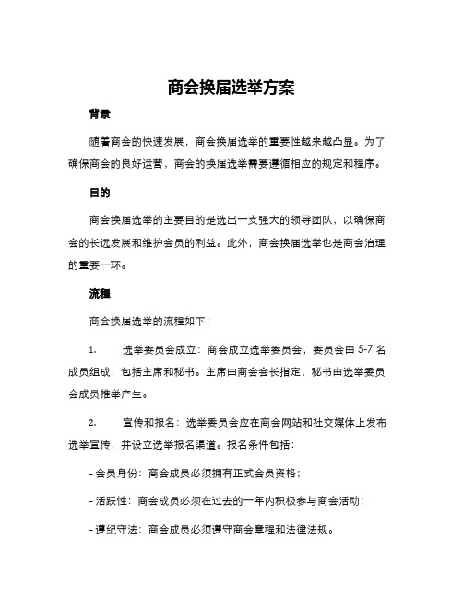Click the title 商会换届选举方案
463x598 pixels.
(x=231, y=88)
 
